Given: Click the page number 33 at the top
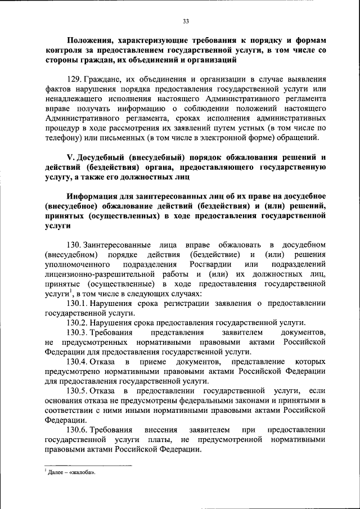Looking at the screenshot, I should click(x=185, y=21).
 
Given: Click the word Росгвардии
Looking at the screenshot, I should click(x=210, y=264).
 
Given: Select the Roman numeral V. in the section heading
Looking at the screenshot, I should click(x=71, y=157).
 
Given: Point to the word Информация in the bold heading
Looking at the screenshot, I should click(x=93, y=196).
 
